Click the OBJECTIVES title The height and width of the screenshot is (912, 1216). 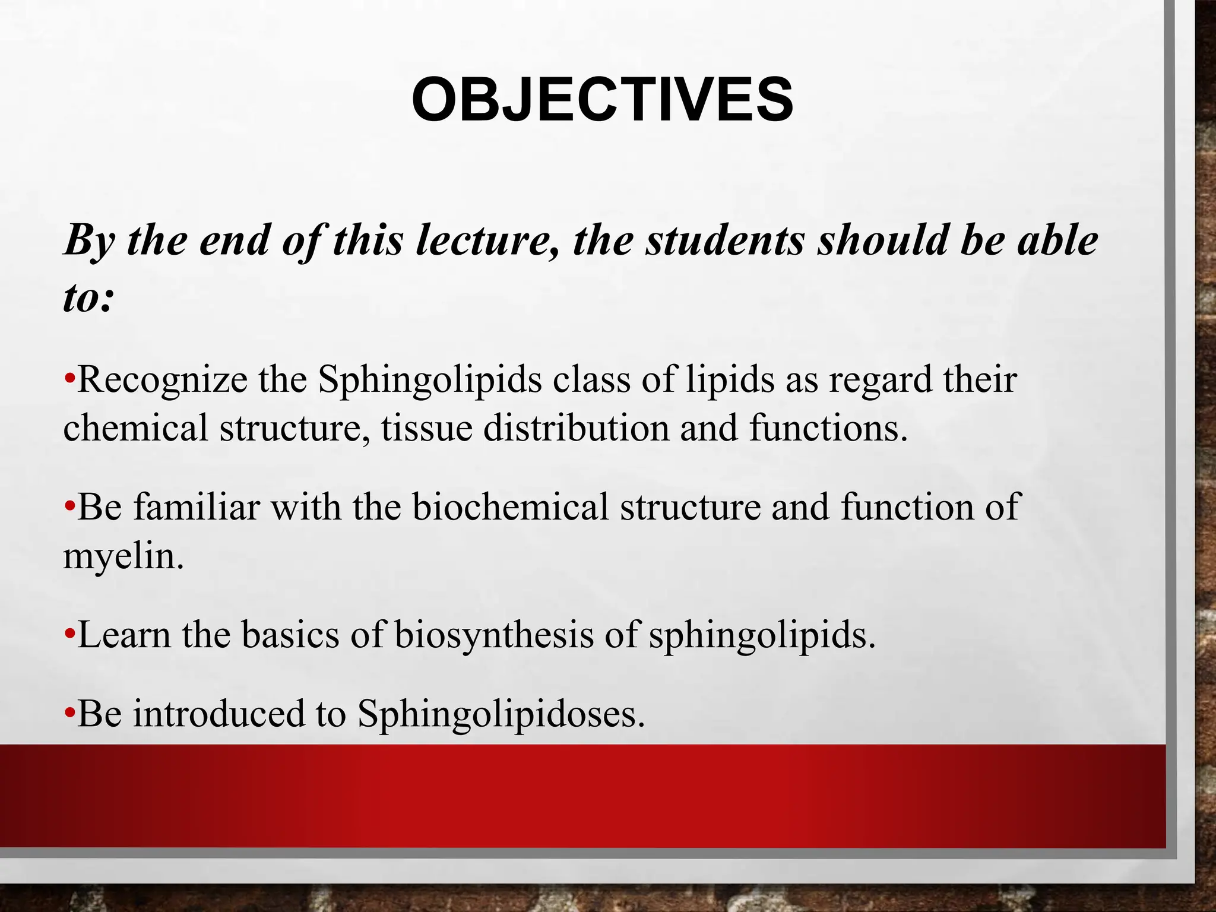(x=602, y=100)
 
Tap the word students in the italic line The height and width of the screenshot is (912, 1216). (x=725, y=241)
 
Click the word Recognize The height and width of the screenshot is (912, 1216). (x=162, y=380)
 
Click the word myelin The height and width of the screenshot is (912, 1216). (x=122, y=557)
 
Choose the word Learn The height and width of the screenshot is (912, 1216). (x=124, y=635)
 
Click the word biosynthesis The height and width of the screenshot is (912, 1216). (x=494, y=635)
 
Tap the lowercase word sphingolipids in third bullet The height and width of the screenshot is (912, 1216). (x=762, y=635)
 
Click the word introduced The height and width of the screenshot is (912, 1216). (x=218, y=713)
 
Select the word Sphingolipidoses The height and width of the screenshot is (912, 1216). (x=501, y=713)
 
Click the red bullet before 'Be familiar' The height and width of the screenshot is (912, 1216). (x=69, y=508)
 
